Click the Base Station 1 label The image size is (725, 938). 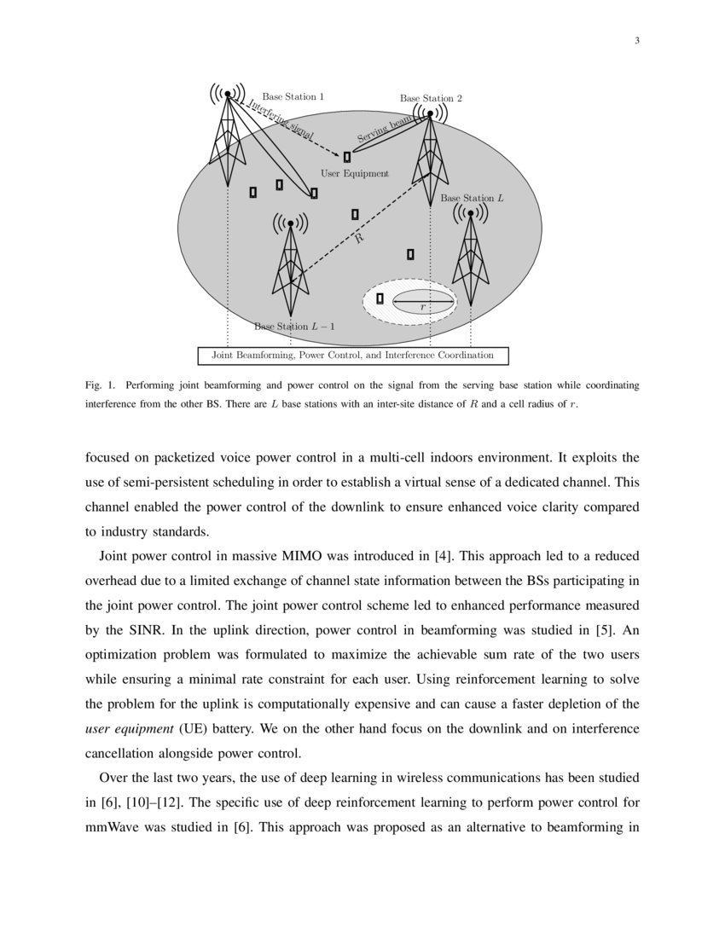coord(293,97)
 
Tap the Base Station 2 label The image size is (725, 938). coord(431,99)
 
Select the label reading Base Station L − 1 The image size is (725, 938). coord(295,327)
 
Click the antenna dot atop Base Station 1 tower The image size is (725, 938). coord(228,94)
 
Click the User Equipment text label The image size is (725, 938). coord(354,173)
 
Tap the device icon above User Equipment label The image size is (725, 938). coord(347,157)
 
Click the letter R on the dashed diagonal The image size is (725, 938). coord(359,240)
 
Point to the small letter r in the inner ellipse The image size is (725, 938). coord(422,306)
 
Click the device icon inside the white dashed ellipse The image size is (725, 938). coord(380,298)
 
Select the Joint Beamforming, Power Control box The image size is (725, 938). coord(352,355)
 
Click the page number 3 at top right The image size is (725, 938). coord(636,41)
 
